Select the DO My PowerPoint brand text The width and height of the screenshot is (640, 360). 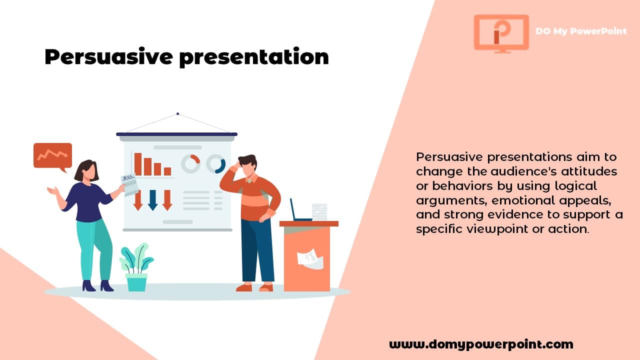click(580, 31)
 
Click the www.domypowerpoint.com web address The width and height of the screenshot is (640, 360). click(481, 344)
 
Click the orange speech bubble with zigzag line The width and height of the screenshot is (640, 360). click(52, 156)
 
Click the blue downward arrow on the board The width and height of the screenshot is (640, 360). click(152, 199)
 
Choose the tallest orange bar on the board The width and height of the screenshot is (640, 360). click(137, 164)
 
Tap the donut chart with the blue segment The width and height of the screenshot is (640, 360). click(216, 164)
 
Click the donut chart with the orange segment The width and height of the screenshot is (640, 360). click(190, 163)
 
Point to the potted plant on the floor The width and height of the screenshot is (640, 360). click(136, 267)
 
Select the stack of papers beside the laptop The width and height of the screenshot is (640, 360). click(319, 211)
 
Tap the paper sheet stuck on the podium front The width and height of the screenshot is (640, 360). click(310, 258)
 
